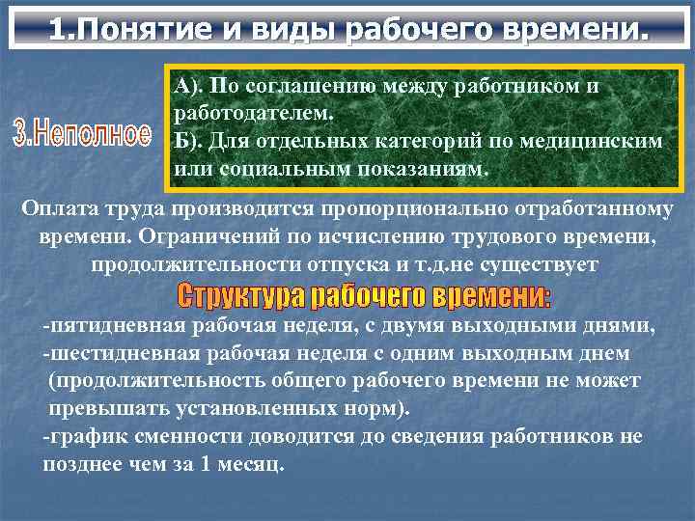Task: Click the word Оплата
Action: (62, 208)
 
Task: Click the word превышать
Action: (106, 408)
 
